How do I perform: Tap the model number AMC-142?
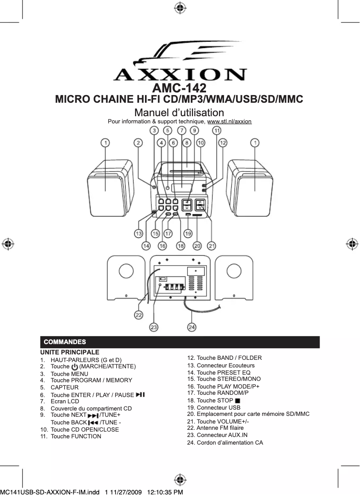click(x=180, y=87)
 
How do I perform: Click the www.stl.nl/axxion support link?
click(x=229, y=122)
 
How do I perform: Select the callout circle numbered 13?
click(x=139, y=233)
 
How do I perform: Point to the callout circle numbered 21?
click(x=212, y=246)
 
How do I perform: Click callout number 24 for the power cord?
click(x=192, y=328)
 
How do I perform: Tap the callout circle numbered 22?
click(x=139, y=315)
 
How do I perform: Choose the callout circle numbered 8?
click(x=186, y=143)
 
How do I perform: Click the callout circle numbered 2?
click(x=138, y=143)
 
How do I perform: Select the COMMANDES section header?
click(x=65, y=342)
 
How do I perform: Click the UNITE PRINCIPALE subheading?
click(x=70, y=352)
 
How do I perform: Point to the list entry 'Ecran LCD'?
click(x=65, y=402)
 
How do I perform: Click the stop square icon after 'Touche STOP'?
click(x=237, y=400)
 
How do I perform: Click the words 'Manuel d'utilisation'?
click(x=180, y=112)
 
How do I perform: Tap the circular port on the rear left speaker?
click(x=126, y=271)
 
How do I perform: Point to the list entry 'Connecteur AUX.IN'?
click(x=217, y=435)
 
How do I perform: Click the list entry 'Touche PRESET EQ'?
click(x=219, y=373)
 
